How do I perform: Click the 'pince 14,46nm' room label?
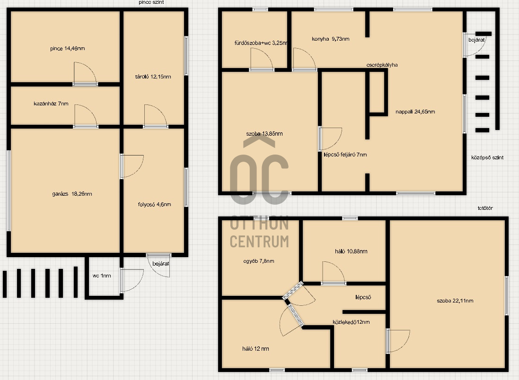68,49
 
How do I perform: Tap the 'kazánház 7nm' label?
51,104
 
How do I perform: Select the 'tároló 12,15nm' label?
153,77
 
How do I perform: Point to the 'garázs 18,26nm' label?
72,194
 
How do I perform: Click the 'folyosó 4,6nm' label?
155,204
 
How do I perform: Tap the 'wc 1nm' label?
102,276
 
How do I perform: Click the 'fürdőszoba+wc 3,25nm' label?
261,43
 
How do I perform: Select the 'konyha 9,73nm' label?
330,39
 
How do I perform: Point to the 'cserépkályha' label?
382,65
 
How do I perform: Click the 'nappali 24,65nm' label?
415,112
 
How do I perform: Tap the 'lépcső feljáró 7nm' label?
345,155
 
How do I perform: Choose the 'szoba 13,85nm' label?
264,134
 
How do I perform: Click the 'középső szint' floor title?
487,157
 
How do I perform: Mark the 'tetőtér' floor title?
485,208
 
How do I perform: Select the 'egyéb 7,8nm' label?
258,261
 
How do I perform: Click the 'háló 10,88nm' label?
351,251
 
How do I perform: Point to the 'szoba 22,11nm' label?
455,301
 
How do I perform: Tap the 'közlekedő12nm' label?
351,322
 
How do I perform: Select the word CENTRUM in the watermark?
259,242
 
